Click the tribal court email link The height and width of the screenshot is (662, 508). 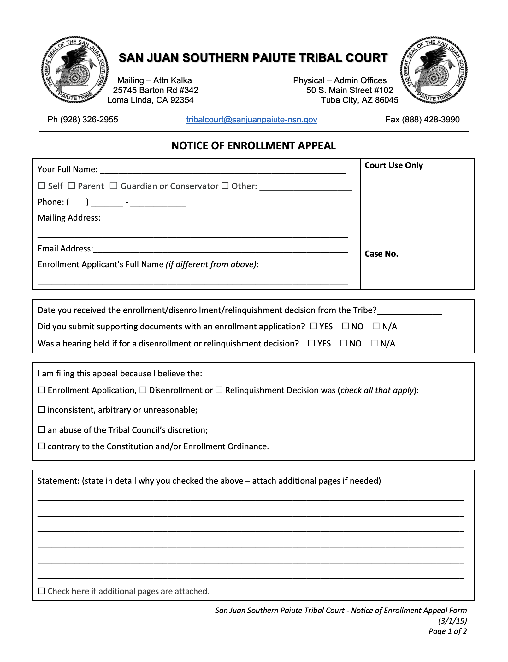251,120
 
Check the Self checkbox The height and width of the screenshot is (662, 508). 42,186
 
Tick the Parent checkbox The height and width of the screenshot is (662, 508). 72,186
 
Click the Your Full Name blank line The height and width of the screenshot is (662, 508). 222,170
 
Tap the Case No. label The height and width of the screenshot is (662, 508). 381,254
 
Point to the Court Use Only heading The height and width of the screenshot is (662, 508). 393,165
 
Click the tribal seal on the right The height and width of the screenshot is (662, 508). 434,70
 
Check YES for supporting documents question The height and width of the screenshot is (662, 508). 313,326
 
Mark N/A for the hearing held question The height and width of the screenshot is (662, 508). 374,343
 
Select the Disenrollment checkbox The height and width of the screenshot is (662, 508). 143,390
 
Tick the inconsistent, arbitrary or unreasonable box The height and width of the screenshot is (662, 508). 42,410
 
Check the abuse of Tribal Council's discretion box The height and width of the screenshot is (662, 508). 42,430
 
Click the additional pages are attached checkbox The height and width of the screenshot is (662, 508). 42,591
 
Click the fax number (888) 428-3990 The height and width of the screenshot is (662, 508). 422,120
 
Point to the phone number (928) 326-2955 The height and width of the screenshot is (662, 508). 83,120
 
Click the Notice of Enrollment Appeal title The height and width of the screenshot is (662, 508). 253,145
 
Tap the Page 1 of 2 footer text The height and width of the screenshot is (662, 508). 447,631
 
